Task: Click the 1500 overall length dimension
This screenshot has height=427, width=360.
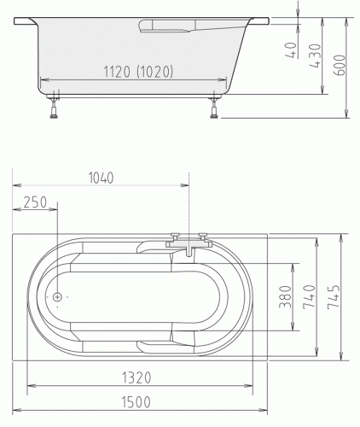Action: tap(136, 402)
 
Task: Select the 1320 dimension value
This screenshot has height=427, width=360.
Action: tap(136, 378)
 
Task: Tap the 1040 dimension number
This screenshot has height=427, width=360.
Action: tap(102, 178)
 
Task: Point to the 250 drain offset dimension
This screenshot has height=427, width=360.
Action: tap(35, 202)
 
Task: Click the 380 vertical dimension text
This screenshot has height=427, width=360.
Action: tap(286, 297)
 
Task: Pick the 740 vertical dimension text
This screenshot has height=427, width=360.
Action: tap(310, 297)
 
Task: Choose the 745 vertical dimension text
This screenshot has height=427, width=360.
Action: tap(334, 297)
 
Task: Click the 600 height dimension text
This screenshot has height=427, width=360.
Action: tap(340, 65)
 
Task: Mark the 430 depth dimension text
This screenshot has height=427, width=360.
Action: tap(316, 56)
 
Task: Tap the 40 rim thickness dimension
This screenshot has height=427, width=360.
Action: tap(291, 50)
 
